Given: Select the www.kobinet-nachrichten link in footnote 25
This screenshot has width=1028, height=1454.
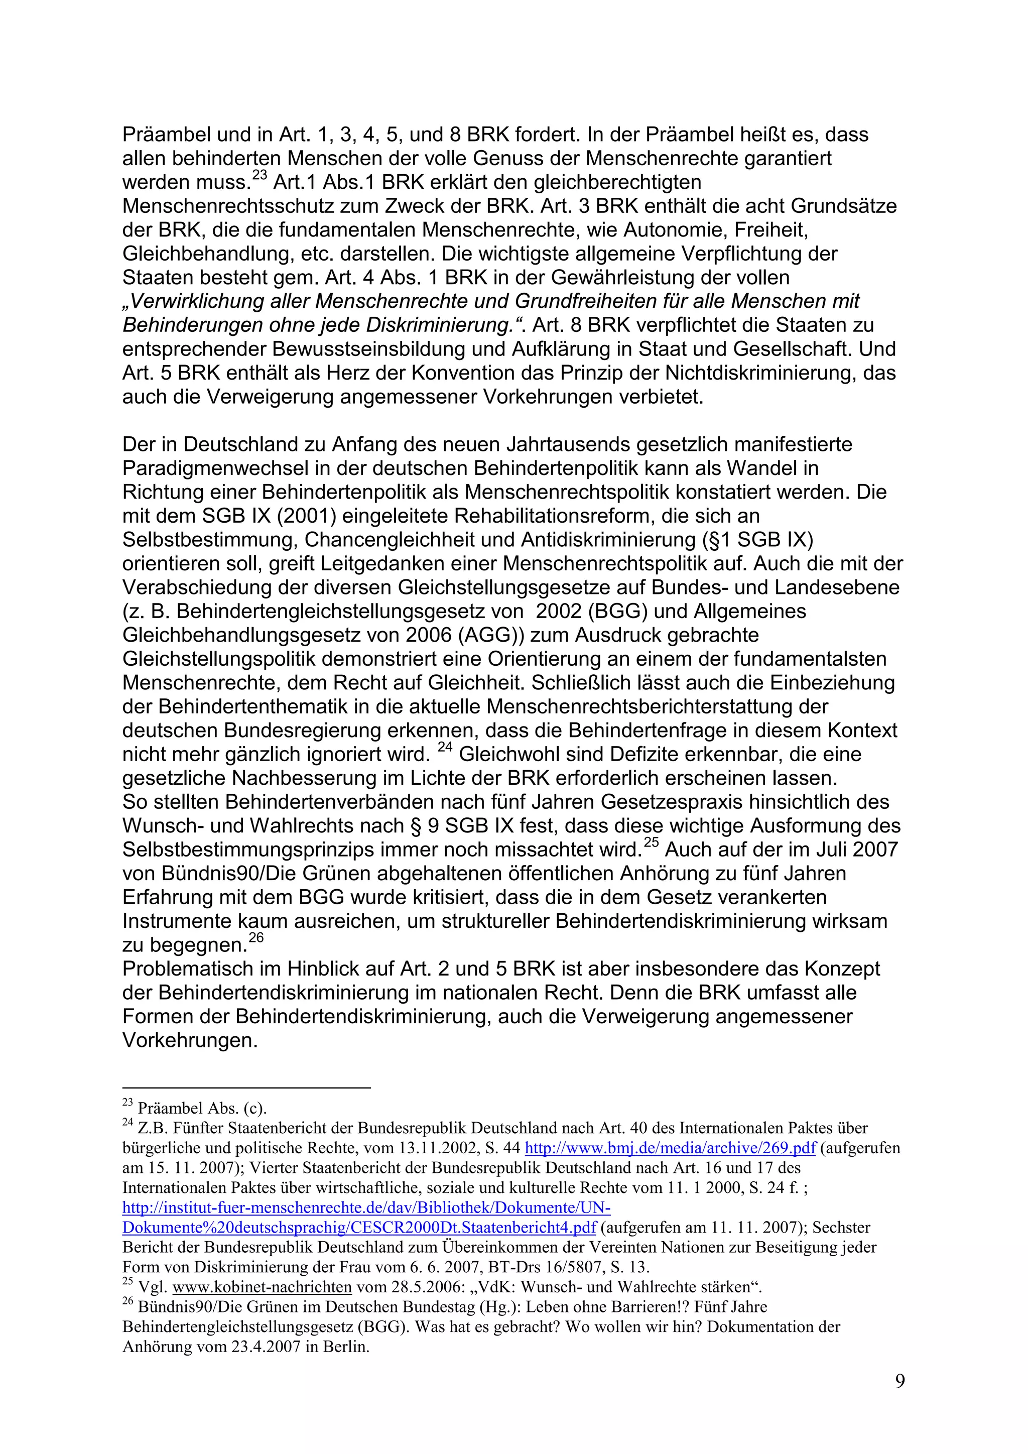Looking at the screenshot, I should [262, 1287].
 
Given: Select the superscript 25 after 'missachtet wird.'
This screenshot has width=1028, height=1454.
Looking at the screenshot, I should [652, 843].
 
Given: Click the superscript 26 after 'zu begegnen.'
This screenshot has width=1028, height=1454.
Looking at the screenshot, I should [255, 938].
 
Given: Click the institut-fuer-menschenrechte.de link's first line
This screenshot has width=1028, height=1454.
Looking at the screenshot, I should [366, 1207].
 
